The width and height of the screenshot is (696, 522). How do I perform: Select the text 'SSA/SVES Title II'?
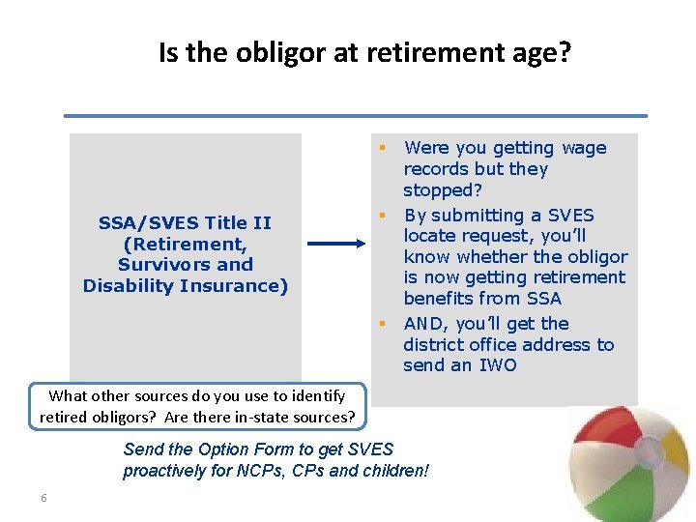[x=185, y=222]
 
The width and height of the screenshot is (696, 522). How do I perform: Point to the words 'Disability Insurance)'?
[x=186, y=286]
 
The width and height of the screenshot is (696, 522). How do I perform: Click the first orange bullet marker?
[x=383, y=148]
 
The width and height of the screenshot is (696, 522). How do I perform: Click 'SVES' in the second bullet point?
[x=571, y=215]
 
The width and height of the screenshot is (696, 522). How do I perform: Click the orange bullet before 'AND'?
[x=383, y=323]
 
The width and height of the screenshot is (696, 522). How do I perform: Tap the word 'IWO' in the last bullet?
[x=497, y=365]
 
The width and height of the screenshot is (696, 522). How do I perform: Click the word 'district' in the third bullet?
[x=435, y=344]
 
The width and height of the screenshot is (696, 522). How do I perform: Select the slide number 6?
[x=43, y=498]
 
